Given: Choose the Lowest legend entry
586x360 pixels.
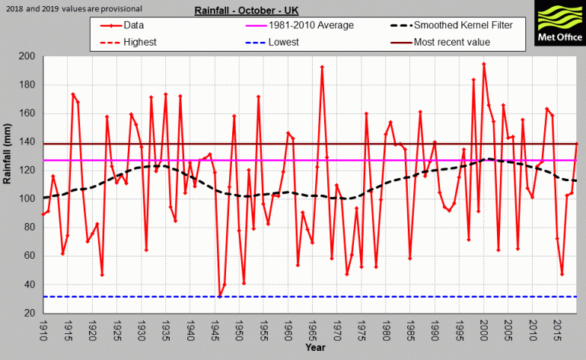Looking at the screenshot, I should coord(288,42).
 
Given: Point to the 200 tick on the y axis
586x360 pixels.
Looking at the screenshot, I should coord(29,56).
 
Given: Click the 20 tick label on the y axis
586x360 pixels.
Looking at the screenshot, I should coord(31,313).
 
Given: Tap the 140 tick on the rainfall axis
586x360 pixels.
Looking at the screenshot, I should coord(29,142).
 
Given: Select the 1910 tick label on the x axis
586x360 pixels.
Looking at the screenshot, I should coord(43,330).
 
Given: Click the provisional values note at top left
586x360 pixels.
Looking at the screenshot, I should coord(72,8).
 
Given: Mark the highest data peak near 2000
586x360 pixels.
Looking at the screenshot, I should coord(484,64).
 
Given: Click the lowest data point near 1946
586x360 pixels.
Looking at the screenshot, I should coord(219,296).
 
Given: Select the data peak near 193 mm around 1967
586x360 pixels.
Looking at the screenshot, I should coord(322,67).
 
